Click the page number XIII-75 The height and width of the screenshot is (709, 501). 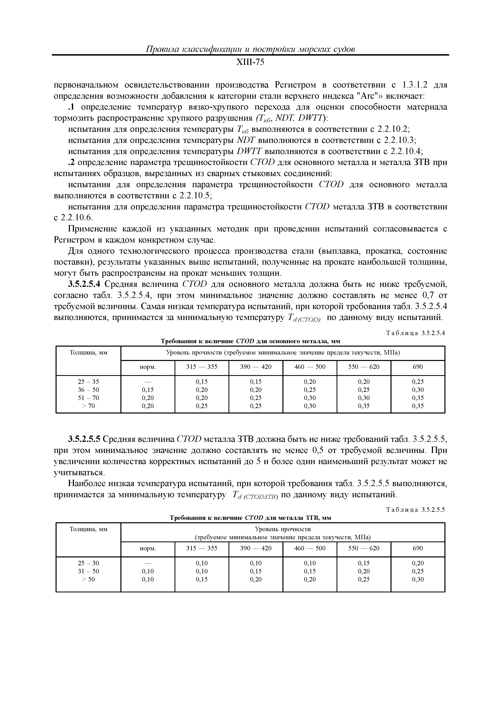250,63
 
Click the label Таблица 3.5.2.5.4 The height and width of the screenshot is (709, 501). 416,333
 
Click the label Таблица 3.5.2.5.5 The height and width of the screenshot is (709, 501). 416,510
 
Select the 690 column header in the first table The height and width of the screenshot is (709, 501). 418,367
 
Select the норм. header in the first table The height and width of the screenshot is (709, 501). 148,367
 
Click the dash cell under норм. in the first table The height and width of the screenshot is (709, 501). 148,382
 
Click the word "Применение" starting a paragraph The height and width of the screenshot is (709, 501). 92,229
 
